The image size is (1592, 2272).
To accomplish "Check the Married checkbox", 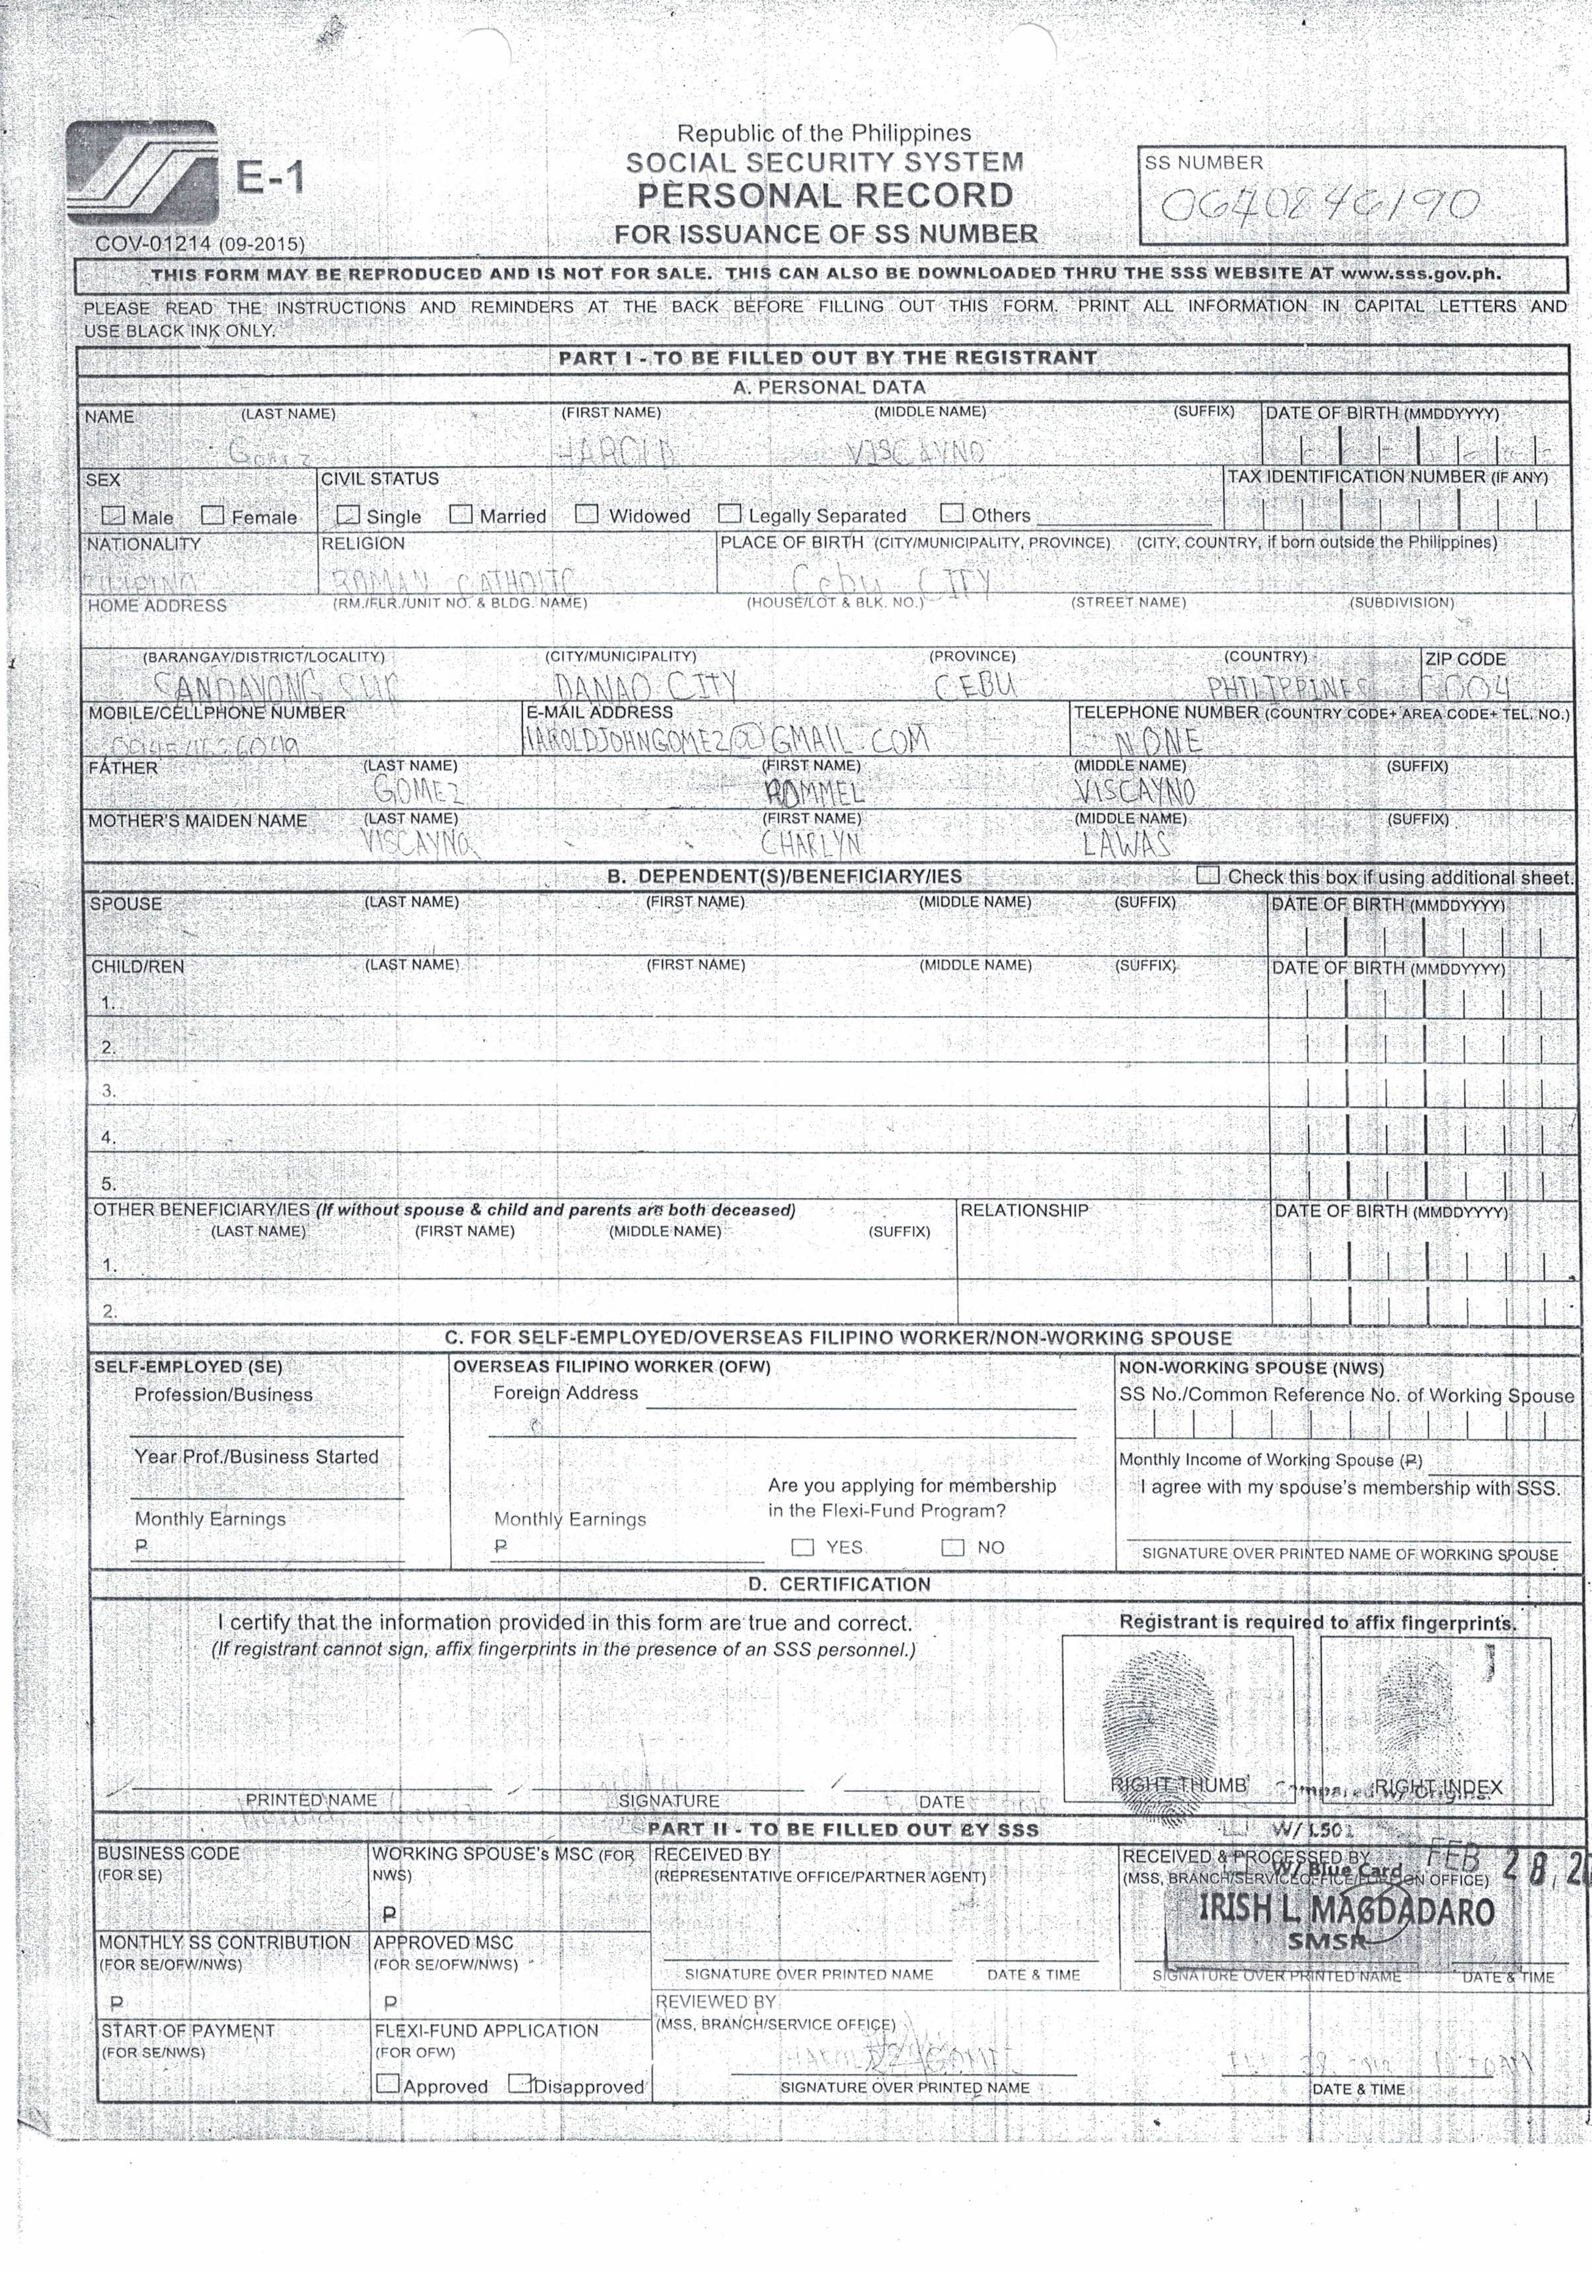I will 460,514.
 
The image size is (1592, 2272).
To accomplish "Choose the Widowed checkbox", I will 587,514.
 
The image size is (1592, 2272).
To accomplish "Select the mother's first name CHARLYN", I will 812,843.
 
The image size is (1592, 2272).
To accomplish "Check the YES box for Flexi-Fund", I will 802,1547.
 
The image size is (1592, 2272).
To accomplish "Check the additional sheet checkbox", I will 1207,875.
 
